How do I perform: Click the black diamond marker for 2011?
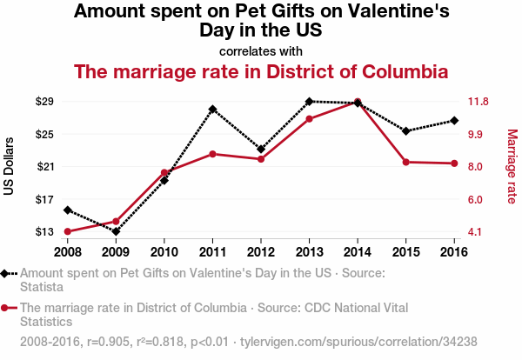(x=212, y=110)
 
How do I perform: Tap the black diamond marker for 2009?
(x=116, y=231)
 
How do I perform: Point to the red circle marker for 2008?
(x=67, y=231)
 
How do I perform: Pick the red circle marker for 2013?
(x=309, y=118)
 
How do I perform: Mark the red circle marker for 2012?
(x=261, y=159)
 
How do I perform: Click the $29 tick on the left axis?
(x=44, y=102)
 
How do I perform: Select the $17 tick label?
(x=44, y=199)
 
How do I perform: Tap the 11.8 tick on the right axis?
(x=478, y=102)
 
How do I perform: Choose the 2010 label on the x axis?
(x=164, y=252)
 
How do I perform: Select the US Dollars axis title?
(x=10, y=166)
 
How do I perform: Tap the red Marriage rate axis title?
(x=512, y=166)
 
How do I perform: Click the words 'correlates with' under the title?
(x=261, y=50)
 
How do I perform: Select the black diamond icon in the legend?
(x=6, y=273)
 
